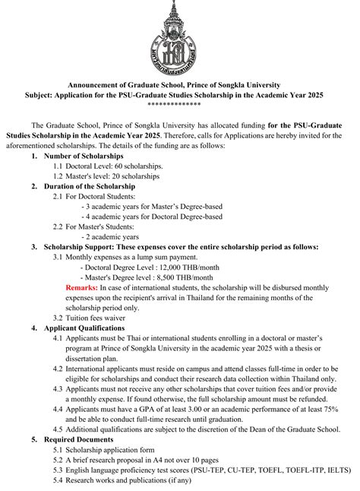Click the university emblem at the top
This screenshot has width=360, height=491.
click(180, 38)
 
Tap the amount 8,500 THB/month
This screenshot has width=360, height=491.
click(168, 277)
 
